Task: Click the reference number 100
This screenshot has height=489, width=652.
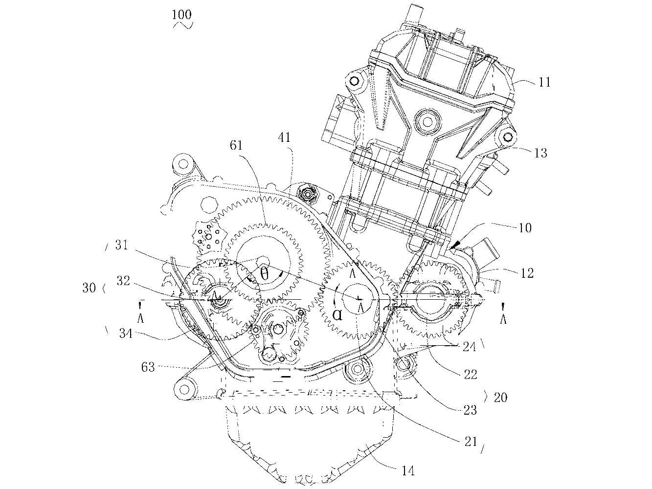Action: [181, 14]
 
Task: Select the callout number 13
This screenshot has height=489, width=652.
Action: [540, 153]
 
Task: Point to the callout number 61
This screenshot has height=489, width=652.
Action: [235, 145]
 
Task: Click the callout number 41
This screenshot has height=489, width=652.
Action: [284, 138]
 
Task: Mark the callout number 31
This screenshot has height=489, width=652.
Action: [121, 244]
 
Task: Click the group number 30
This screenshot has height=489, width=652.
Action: [90, 288]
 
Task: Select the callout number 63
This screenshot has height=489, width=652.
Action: [148, 366]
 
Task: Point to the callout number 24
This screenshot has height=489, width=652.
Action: [470, 346]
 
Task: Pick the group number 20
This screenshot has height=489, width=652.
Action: [500, 398]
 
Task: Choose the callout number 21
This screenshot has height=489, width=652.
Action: [470, 441]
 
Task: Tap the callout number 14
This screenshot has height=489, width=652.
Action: [407, 470]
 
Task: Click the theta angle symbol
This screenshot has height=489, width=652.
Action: [264, 274]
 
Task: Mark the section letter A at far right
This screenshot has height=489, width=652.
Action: [504, 319]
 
